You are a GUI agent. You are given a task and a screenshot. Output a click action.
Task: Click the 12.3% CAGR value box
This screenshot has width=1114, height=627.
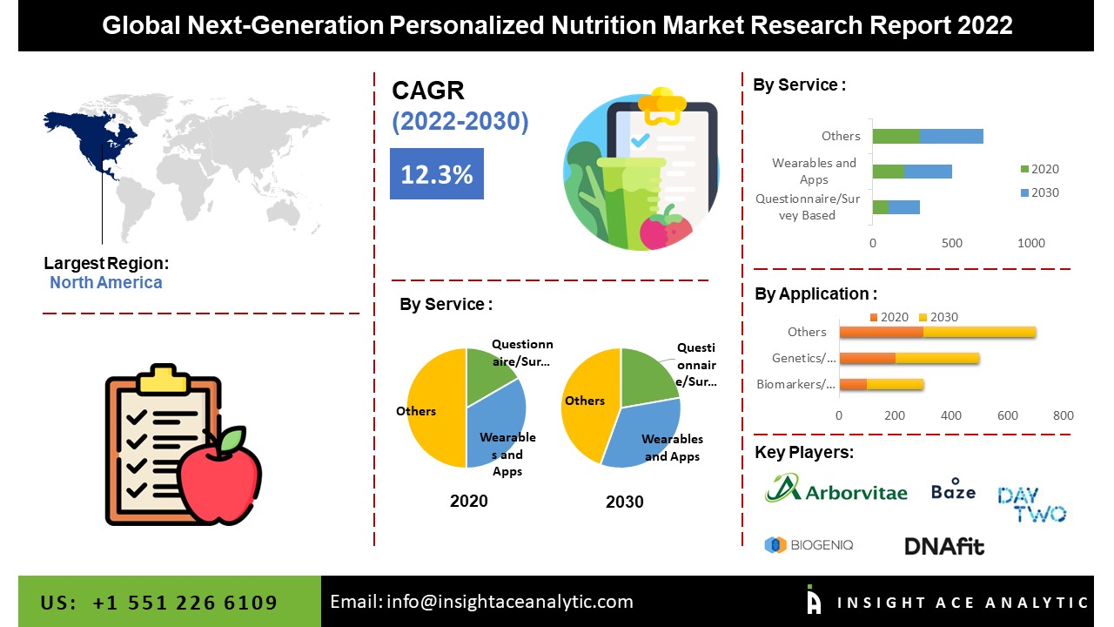coord(437,173)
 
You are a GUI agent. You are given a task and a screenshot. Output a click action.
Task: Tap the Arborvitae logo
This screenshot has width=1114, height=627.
coord(836,489)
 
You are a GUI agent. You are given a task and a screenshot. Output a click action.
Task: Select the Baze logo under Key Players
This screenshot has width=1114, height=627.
coord(953,489)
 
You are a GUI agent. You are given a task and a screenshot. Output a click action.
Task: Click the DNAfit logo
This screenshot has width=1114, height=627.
coord(944,546)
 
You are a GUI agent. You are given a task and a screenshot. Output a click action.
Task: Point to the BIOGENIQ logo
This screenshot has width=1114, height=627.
coord(809,545)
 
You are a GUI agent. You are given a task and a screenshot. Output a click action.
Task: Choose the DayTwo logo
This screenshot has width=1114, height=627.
coord(1032,504)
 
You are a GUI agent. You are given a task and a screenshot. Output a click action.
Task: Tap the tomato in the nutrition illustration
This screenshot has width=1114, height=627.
coord(666,228)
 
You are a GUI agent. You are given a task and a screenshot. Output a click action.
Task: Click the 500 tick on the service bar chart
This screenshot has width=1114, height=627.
coord(952,243)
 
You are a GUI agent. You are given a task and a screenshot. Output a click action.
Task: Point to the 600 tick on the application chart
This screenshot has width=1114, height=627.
coord(1008,415)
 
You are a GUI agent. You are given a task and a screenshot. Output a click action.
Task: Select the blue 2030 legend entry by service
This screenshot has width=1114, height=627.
coord(1039,192)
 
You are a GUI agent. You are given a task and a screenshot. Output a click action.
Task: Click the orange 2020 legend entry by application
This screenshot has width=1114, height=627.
coord(889,317)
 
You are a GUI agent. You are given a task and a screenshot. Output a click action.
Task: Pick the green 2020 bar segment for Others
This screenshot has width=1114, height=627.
coord(896,137)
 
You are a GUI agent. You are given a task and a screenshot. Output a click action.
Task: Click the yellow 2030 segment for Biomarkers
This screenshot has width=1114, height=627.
coord(896,384)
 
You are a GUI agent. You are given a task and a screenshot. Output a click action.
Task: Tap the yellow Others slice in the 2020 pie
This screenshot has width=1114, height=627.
coord(437,408)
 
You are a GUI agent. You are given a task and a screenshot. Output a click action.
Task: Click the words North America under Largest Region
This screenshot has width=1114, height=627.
coord(106,282)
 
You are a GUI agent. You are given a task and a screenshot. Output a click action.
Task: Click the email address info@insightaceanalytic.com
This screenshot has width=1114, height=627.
coord(510,602)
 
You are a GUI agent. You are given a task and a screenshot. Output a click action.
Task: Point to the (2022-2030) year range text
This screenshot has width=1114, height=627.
coord(460,121)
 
